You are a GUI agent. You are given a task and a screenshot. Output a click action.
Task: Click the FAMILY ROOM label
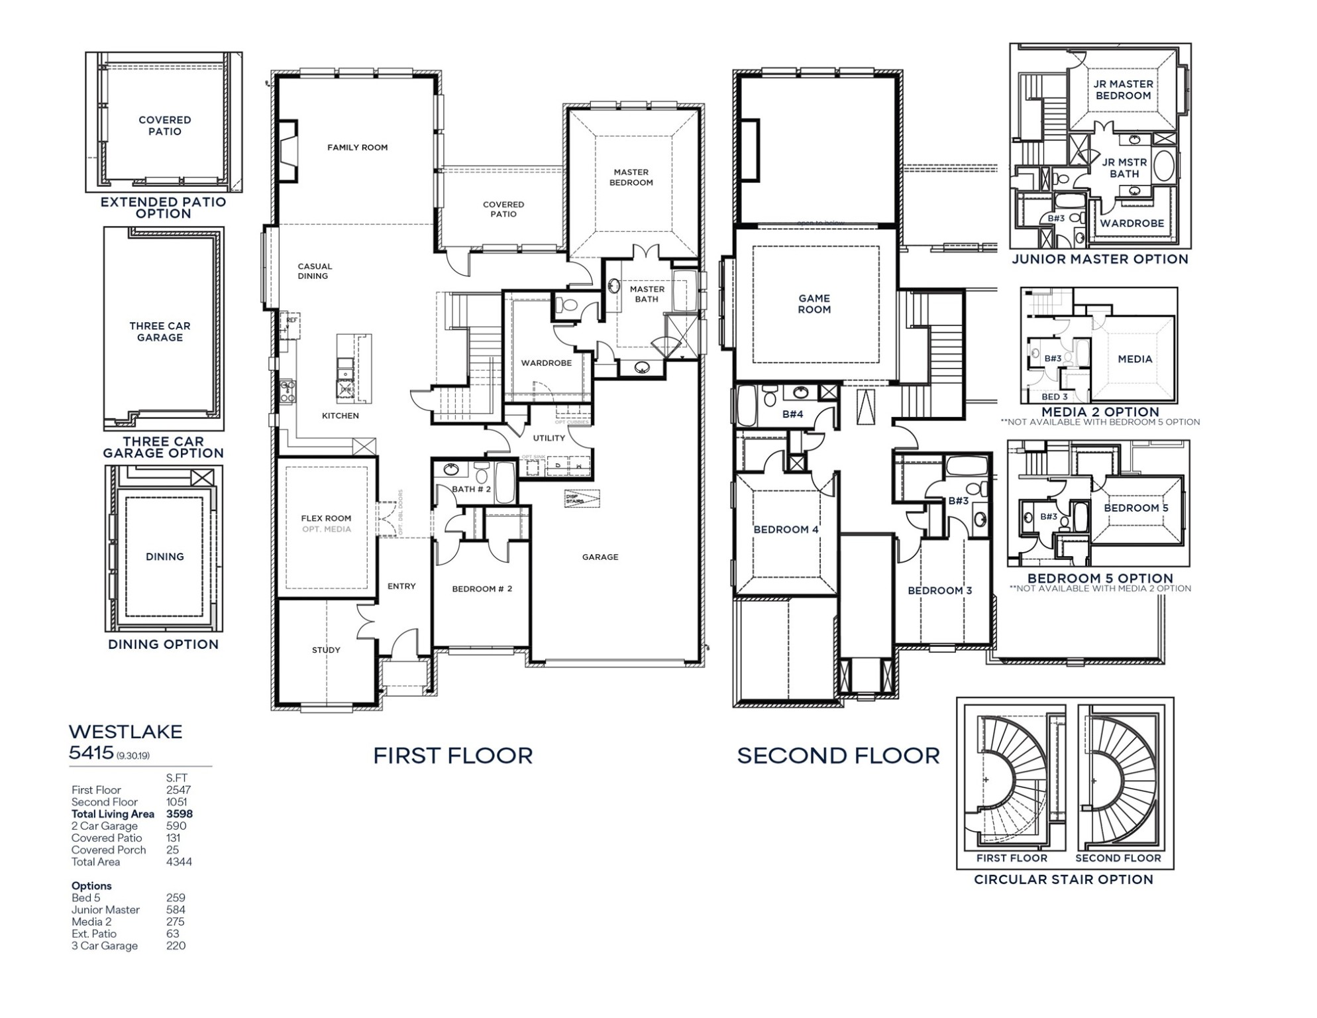click(x=357, y=148)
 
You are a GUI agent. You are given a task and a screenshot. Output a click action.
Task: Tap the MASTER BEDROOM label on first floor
click(x=631, y=178)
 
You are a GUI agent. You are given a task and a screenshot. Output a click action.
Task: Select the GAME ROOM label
click(x=814, y=304)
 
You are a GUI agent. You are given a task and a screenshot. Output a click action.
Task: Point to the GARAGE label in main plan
click(x=600, y=557)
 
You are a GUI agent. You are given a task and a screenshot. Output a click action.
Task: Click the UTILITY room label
click(x=549, y=438)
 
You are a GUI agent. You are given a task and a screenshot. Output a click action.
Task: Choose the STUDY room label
click(x=326, y=650)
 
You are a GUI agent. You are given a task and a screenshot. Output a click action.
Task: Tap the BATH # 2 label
click(x=471, y=489)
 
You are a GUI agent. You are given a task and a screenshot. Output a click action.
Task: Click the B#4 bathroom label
click(x=792, y=414)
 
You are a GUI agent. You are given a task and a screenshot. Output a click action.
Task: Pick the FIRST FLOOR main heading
click(x=452, y=756)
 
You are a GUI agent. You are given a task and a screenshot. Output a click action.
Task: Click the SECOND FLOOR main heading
click(x=838, y=756)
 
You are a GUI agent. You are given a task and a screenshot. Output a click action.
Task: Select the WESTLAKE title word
click(x=125, y=732)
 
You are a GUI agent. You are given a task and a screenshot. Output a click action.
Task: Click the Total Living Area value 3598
click(x=180, y=814)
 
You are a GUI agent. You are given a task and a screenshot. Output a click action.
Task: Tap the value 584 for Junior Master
click(x=176, y=910)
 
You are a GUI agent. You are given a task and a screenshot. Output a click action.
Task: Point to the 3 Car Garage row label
click(x=105, y=946)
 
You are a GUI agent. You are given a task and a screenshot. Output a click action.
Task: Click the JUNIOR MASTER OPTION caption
click(x=1100, y=259)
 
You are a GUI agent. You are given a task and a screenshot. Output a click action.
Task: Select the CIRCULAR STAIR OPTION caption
click(x=1063, y=879)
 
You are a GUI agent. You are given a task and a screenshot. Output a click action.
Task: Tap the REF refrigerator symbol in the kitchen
click(x=291, y=321)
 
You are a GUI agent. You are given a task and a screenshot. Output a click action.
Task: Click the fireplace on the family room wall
click(x=287, y=151)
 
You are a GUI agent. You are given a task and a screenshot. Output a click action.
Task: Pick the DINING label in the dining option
click(x=164, y=557)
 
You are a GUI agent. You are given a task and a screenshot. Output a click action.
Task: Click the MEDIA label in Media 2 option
click(x=1135, y=359)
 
